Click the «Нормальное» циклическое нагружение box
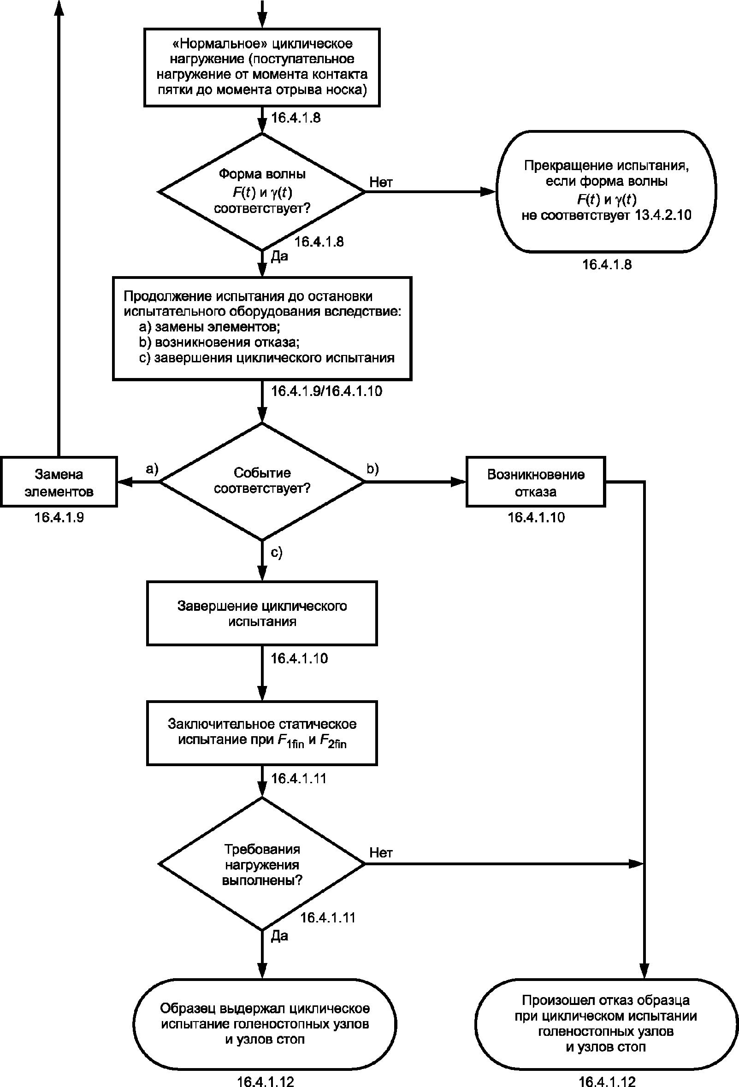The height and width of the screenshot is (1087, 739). (262, 67)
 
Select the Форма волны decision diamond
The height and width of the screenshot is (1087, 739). (262, 192)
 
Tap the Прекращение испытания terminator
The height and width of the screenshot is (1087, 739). (606, 192)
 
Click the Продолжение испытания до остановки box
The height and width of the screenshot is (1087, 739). (262, 328)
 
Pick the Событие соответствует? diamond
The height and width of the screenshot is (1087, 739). (262, 481)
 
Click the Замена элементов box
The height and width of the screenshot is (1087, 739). (59, 482)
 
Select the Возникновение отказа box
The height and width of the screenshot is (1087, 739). (536, 482)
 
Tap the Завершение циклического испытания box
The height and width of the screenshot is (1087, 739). (262, 613)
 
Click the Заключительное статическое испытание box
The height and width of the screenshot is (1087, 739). (262, 733)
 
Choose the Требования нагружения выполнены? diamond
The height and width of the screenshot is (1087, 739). (262, 864)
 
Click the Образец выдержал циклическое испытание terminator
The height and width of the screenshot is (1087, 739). (265, 1024)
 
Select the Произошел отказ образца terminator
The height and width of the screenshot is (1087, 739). (606, 1024)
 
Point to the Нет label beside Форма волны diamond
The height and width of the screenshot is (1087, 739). (381, 182)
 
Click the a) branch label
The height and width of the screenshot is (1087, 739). (152, 469)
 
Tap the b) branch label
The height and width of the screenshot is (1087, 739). (372, 469)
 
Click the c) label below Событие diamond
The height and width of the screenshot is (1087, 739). (277, 552)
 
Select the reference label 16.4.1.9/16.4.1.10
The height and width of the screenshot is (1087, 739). (326, 391)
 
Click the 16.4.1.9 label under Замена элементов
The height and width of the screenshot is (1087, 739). (59, 517)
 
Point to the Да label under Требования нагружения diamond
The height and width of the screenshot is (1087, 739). (279, 936)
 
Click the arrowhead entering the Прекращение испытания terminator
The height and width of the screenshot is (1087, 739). (488, 192)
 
